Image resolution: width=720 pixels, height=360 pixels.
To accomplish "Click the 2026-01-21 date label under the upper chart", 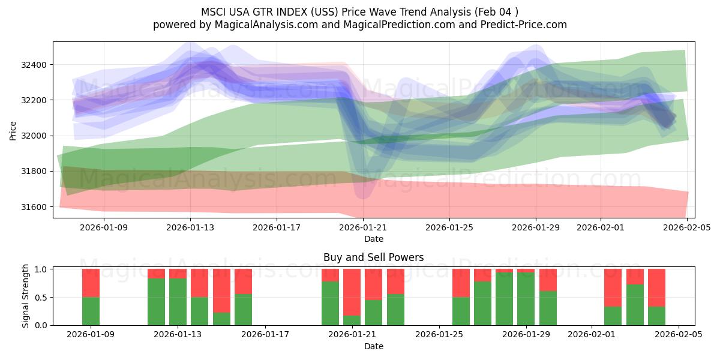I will pos(363,227).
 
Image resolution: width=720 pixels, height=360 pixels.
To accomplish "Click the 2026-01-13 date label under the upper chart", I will pos(190,227).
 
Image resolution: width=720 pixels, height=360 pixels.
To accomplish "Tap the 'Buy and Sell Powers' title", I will pos(373,257).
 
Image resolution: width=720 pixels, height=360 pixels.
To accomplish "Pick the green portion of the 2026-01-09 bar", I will pos(91,311).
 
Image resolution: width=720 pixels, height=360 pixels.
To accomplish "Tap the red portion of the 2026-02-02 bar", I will pos(613,287).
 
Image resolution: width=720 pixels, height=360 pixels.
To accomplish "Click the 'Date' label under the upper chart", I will pos(373,239).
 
